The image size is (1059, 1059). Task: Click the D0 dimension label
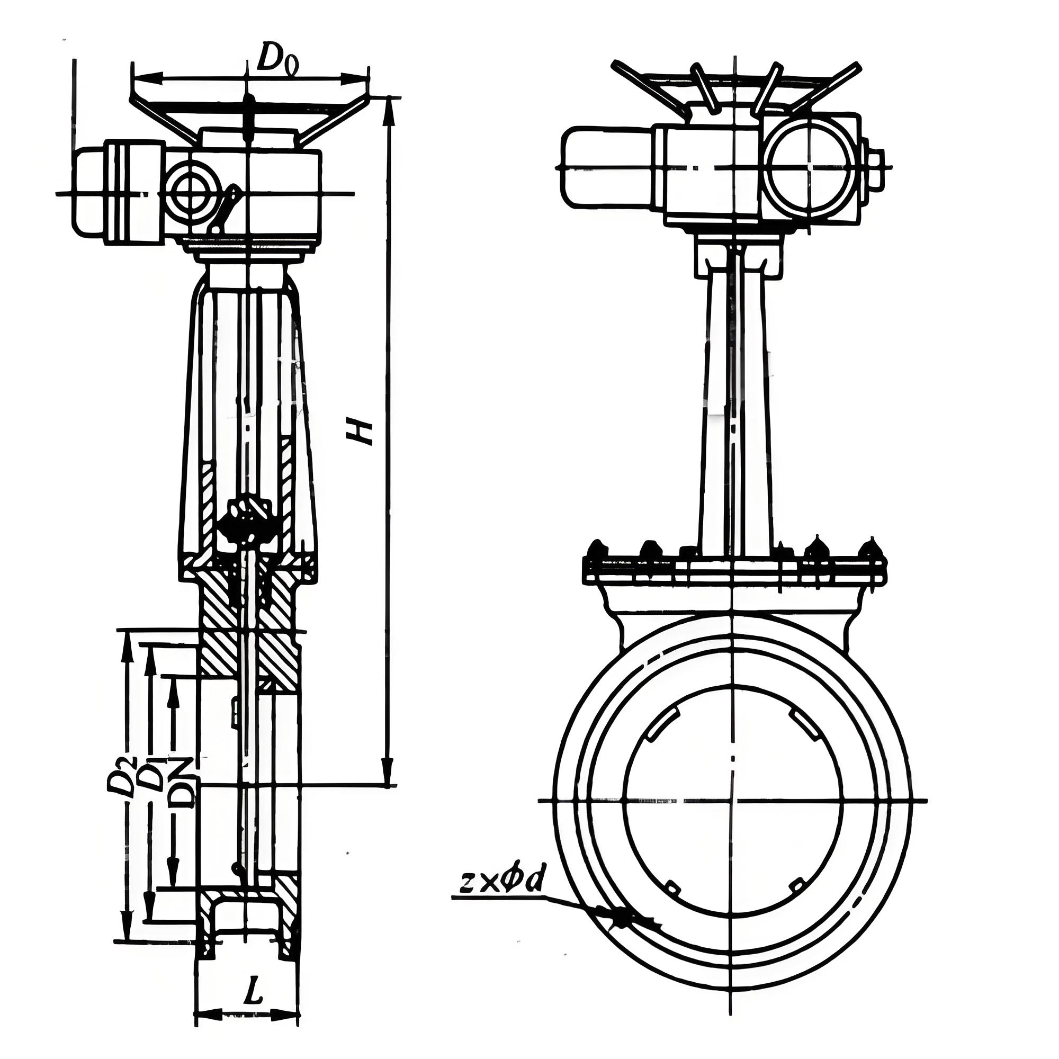click(x=277, y=58)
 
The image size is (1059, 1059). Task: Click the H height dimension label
click(x=360, y=431)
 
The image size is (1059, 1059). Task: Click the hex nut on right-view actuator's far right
click(x=875, y=167)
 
